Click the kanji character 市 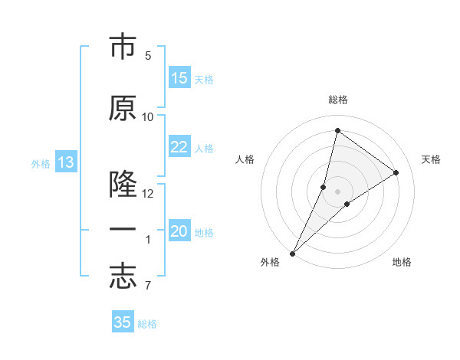123,48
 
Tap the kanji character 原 123,109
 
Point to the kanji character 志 123,277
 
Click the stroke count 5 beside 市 148,56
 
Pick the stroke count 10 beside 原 148,116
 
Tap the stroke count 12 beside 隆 148,193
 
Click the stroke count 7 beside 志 148,286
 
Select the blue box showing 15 179,78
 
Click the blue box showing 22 179,147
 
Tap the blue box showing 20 179,231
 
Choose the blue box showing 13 66,162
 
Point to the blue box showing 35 123,322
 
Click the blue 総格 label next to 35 147,324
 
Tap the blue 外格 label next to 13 41,164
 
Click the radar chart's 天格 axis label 432,159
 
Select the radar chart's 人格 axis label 245,159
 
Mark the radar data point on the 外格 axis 293,253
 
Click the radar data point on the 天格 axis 396,172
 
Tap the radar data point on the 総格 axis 337,130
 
